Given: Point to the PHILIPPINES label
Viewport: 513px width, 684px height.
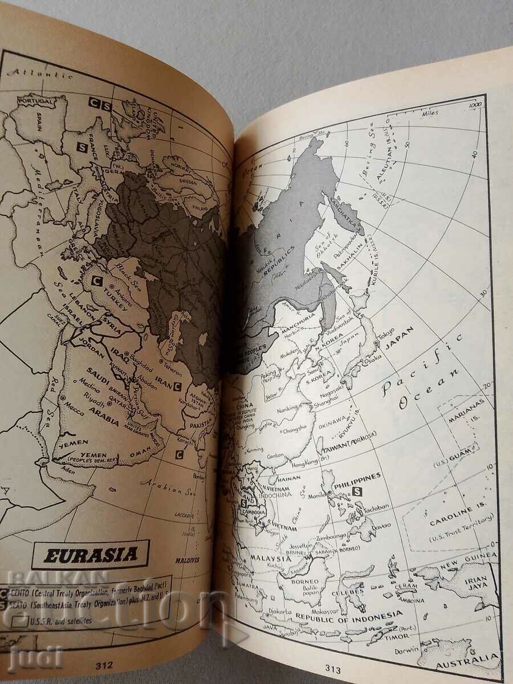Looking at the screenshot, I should (x=358, y=477).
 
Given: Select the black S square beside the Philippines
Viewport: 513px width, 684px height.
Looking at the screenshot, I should (x=358, y=491).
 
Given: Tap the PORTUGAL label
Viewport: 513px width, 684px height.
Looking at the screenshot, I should (x=35, y=100).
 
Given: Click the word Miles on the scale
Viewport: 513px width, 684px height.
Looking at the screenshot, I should (x=430, y=113).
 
